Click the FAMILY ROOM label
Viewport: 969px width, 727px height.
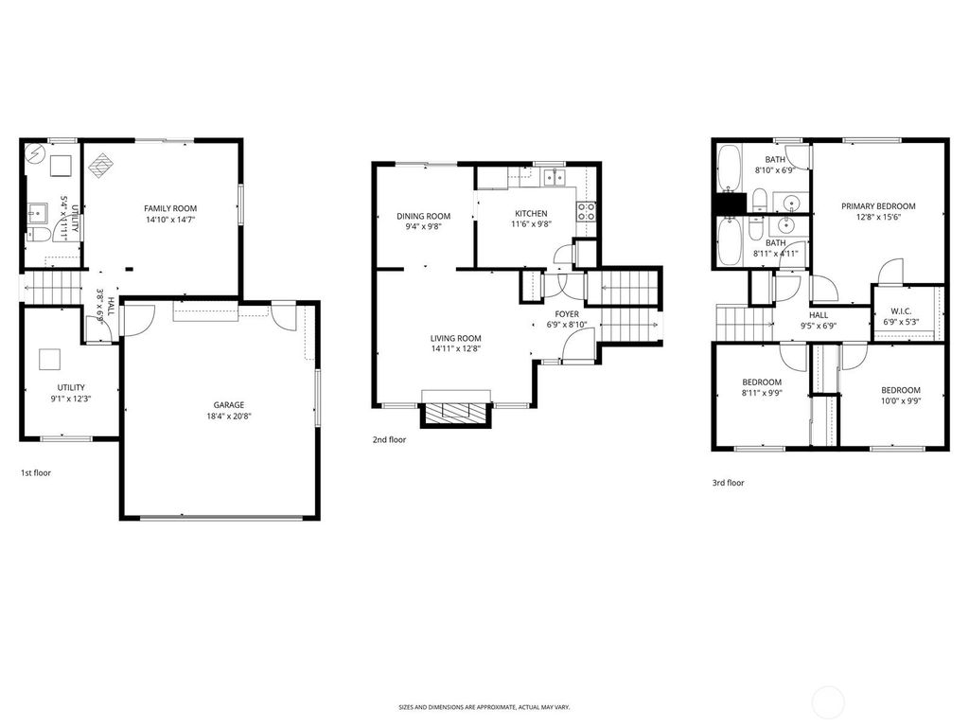[170, 208]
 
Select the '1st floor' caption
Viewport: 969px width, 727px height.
[36, 471]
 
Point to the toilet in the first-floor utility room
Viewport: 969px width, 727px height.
[38, 234]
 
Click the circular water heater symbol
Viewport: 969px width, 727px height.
[33, 151]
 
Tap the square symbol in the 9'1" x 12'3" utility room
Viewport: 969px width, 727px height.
[49, 359]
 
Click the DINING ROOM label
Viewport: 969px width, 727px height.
[423, 216]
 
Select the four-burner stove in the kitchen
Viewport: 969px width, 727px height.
[587, 211]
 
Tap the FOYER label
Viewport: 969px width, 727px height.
[567, 313]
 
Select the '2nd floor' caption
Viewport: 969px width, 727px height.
[389, 439]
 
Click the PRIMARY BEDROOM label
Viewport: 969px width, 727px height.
[879, 206]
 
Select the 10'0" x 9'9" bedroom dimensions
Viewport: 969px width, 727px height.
[900, 401]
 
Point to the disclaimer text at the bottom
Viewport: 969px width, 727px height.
[484, 707]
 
